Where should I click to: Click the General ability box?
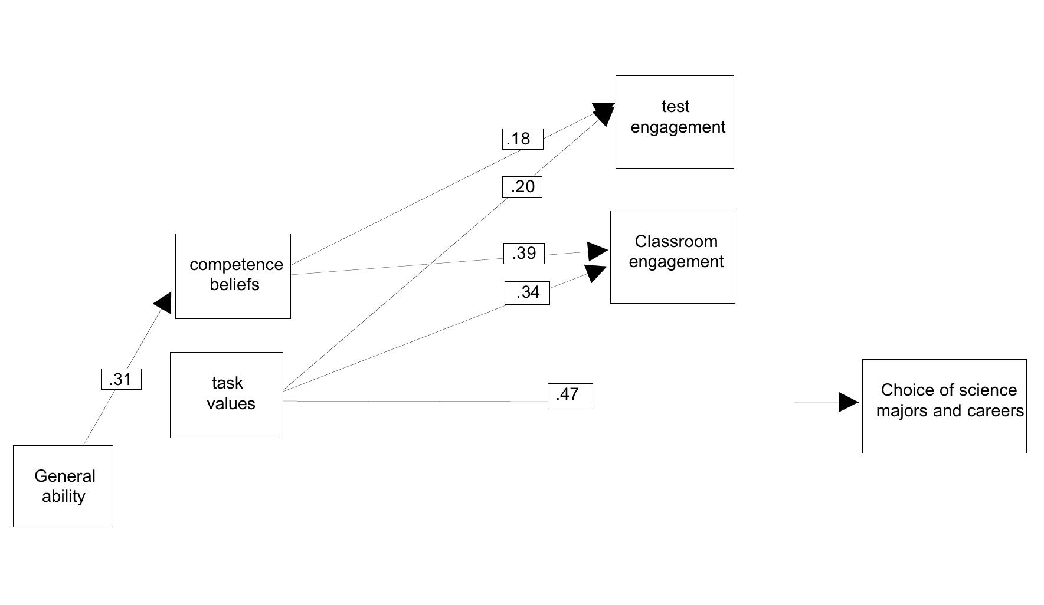click(x=63, y=486)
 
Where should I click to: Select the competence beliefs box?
click(x=233, y=276)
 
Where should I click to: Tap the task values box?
click(x=226, y=394)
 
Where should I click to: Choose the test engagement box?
click(x=675, y=121)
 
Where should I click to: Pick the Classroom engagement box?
click(x=672, y=257)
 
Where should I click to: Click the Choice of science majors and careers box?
click(x=944, y=406)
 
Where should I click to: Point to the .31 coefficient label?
click(x=121, y=379)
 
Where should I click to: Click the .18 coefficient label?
click(x=522, y=139)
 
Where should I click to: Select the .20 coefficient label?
click(x=522, y=187)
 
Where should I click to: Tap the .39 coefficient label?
click(x=523, y=254)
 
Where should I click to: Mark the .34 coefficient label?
click(x=527, y=292)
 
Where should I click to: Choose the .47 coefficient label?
click(x=570, y=396)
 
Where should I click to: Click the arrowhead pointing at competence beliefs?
click(x=163, y=302)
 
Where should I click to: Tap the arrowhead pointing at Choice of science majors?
click(x=848, y=402)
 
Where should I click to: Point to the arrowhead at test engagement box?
click(x=605, y=113)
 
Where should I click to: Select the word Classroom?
click(x=676, y=241)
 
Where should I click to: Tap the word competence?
click(x=236, y=265)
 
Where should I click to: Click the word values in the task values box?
click(x=231, y=404)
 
